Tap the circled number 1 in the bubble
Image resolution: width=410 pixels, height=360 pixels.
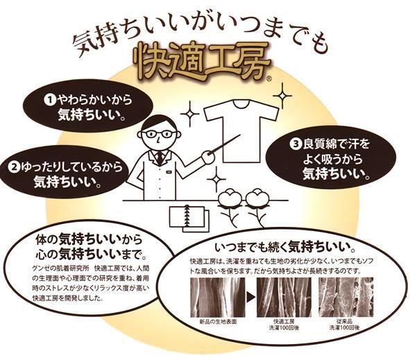(51, 100)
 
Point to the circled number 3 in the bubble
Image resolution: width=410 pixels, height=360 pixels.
(296, 144)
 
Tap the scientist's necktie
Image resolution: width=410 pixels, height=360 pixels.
(160, 156)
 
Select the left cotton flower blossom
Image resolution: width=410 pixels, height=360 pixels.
(230, 198)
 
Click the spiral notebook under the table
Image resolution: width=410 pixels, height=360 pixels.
(189, 218)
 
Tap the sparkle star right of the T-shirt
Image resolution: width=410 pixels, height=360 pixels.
(282, 96)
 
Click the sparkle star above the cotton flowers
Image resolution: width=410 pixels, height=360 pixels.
(216, 180)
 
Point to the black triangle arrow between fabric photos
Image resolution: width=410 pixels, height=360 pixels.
(251, 297)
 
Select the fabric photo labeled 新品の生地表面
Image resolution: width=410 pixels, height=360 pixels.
(218, 298)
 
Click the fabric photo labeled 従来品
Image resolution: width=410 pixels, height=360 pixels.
(345, 298)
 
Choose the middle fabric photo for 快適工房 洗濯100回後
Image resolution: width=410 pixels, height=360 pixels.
(284, 298)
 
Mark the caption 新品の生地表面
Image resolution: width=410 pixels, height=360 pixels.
(218, 322)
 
